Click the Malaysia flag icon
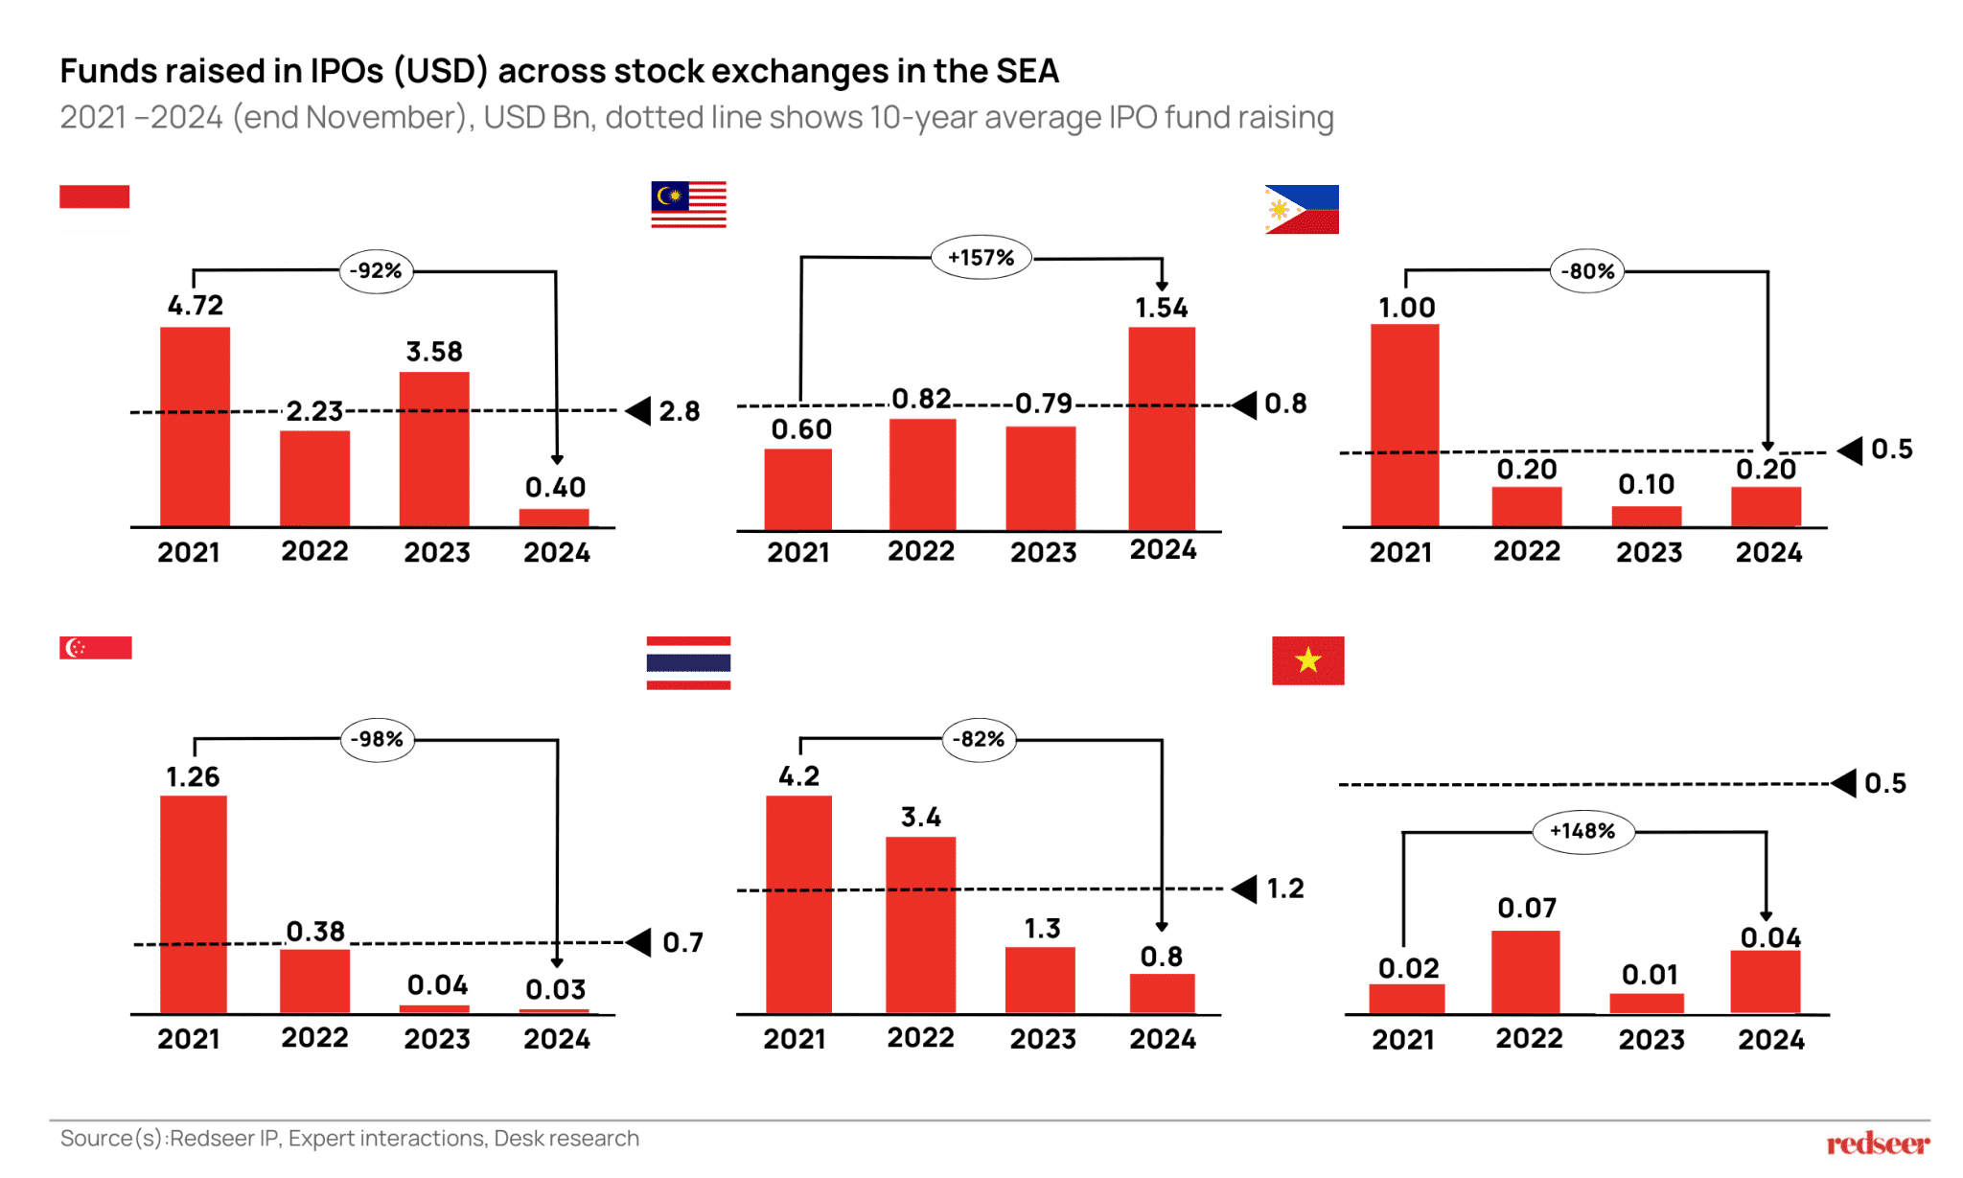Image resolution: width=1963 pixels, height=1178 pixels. pos(688,204)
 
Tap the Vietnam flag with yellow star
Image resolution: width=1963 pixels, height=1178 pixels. pos(1307,660)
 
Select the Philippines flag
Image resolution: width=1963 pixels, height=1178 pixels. pos(1301,209)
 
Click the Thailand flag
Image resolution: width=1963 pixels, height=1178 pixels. pos(688,662)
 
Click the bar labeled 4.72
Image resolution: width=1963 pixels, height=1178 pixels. pos(195,427)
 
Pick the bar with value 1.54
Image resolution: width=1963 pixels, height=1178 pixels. pos(1162,428)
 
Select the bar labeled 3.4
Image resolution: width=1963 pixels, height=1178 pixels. pos(920,925)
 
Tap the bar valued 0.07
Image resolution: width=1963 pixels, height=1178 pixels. pos(1525,972)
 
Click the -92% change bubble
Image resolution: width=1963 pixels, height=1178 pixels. pos(376,271)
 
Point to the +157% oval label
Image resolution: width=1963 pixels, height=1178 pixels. pos(981,258)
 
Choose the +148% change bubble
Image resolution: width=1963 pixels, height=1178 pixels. pos(1582,831)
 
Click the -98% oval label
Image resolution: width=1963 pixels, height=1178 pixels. pos(377,740)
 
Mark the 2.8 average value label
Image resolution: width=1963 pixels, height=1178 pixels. pos(679,412)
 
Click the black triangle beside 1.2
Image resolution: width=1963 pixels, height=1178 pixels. pos(1245,889)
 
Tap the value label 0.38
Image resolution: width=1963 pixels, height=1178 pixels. pos(315,932)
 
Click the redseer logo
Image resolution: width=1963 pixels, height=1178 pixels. pos(1877,1143)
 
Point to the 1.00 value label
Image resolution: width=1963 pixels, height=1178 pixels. pos(1406,308)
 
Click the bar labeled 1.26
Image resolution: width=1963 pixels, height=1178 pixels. pos(194,904)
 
